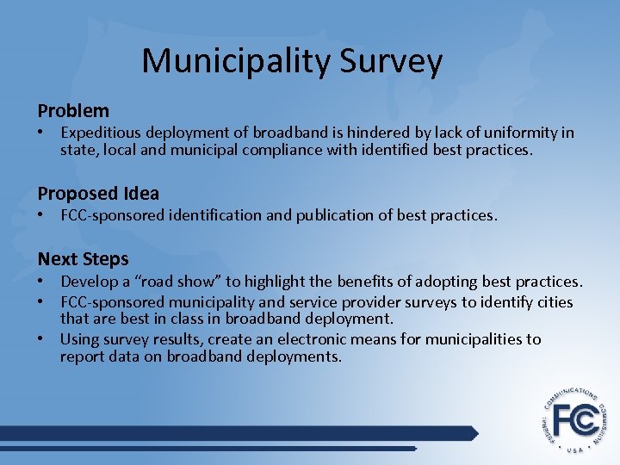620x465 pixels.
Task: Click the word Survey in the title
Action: (x=392, y=62)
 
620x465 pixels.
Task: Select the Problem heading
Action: (x=73, y=111)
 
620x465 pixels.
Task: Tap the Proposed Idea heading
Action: (x=98, y=194)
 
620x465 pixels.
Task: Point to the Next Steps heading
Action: (x=83, y=259)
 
